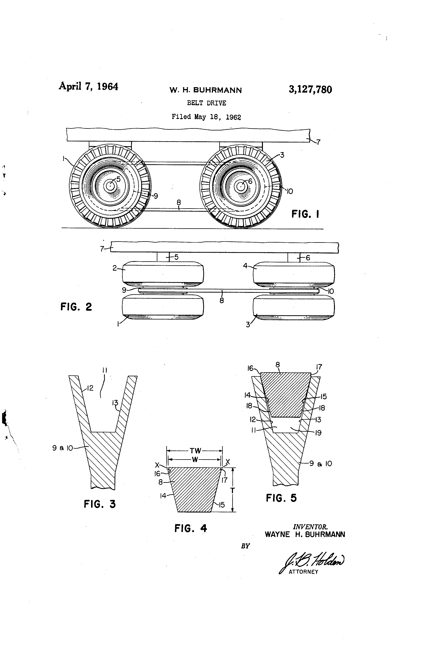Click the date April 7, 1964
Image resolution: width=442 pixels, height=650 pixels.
pyautogui.click(x=88, y=86)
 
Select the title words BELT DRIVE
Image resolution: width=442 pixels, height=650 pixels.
pyautogui.click(x=207, y=103)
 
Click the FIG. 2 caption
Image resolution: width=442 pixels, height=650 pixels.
pyautogui.click(x=76, y=307)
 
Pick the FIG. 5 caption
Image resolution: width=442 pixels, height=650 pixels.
pyautogui.click(x=281, y=498)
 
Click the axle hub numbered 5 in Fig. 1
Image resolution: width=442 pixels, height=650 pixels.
pyautogui.click(x=110, y=186)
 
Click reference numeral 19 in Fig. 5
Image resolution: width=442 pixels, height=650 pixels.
pyautogui.click(x=318, y=433)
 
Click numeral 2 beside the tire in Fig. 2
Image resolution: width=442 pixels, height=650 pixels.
pyautogui.click(x=115, y=268)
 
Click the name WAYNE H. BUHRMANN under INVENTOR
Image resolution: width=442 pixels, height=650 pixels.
pyautogui.click(x=305, y=534)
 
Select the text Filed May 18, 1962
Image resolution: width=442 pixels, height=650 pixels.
pyautogui.click(x=206, y=117)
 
